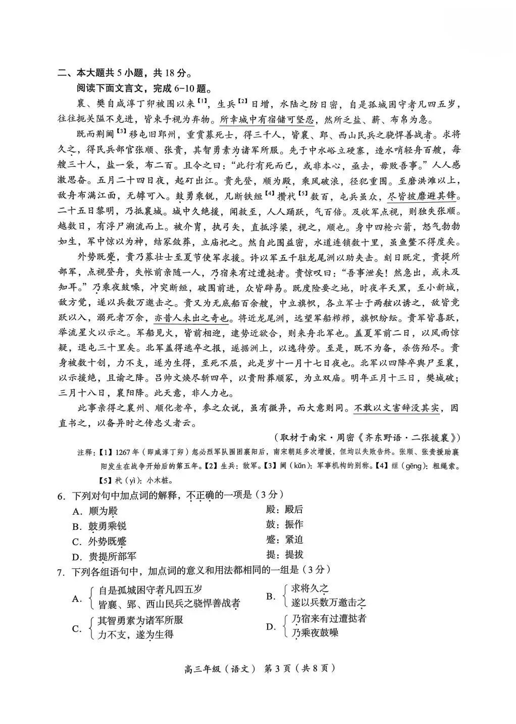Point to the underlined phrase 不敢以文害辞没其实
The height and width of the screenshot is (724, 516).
pos(396,409)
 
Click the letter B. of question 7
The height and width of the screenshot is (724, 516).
pos(271,597)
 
